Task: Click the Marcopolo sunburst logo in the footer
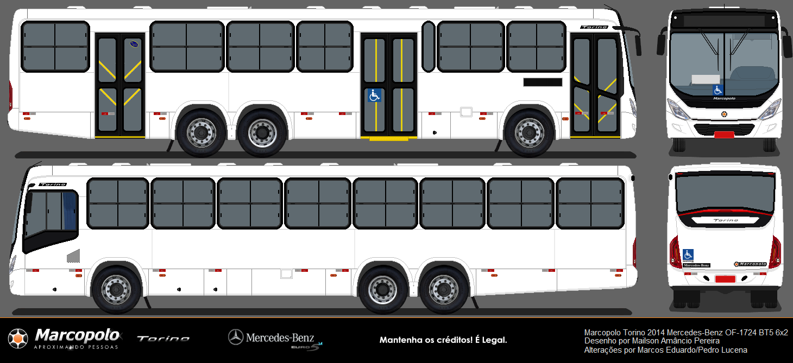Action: coord(18,339)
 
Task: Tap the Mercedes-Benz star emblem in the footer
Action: coord(235,337)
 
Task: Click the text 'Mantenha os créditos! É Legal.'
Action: coord(443,340)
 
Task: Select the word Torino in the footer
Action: coord(163,339)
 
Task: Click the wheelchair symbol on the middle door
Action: coord(374,95)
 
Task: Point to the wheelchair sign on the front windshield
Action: coord(718,90)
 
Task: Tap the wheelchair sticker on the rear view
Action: coord(688,254)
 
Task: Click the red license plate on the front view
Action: coord(724,135)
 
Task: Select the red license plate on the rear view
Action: coord(725,279)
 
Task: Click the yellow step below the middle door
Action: coord(388,139)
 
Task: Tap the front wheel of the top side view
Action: coord(530,132)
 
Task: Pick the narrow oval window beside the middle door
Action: coord(429,46)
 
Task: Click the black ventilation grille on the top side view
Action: coord(543,82)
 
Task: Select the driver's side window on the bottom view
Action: coord(51,214)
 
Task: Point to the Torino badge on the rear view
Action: coord(725,220)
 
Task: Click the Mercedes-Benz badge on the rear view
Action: coord(696,265)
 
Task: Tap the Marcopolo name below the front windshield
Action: coord(724,98)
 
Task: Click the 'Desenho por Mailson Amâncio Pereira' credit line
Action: coord(652,341)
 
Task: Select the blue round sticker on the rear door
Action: coord(134,44)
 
